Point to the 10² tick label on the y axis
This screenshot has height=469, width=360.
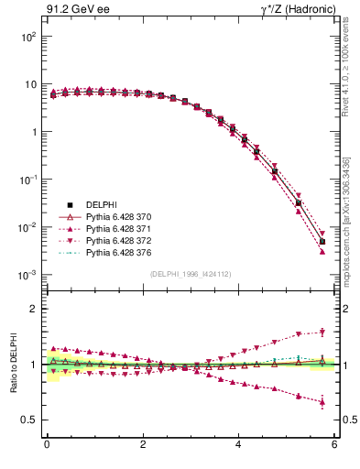pyautogui.click(x=27, y=37)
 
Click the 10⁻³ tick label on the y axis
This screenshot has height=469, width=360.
pyautogui.click(x=27, y=275)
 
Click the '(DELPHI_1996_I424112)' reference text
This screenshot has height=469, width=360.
pyautogui.click(x=190, y=273)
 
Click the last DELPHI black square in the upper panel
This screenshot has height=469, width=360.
pyautogui.click(x=322, y=242)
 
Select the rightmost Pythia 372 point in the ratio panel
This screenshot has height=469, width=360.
pyautogui.click(x=322, y=332)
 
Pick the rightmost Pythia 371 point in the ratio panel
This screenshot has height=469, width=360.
pyautogui.click(x=322, y=402)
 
